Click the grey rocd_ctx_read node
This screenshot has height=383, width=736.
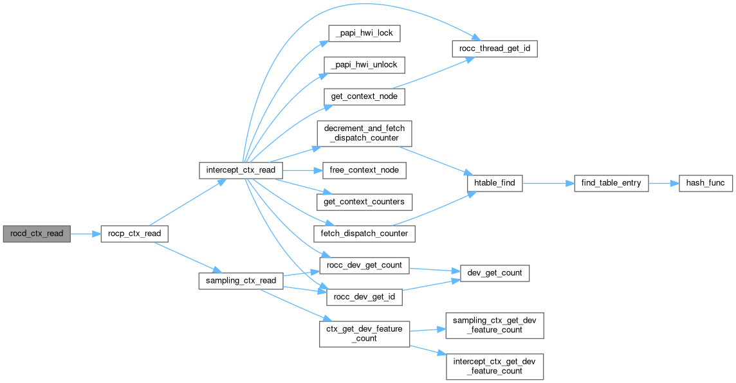tap(37, 233)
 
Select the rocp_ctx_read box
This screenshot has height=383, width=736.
tap(134, 233)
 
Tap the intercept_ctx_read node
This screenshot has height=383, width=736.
tap(241, 170)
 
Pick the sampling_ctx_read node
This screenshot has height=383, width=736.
tap(241, 280)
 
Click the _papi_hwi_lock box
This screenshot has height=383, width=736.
tap(364, 33)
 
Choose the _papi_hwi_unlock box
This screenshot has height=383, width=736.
tap(364, 65)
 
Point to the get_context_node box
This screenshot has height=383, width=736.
tap(364, 96)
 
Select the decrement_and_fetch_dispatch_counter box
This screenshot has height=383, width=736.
tap(364, 133)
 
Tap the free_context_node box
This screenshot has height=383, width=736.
tap(364, 170)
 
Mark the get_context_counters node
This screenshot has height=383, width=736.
tap(364, 202)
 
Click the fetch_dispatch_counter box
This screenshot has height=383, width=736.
tap(364, 233)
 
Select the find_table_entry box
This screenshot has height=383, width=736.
tap(611, 183)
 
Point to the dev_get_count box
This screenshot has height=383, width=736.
tap(494, 273)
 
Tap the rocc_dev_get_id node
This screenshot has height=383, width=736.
tap(364, 296)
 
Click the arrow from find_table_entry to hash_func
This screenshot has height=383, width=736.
tap(663, 183)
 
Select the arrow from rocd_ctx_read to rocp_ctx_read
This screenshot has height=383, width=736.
tap(85, 233)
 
